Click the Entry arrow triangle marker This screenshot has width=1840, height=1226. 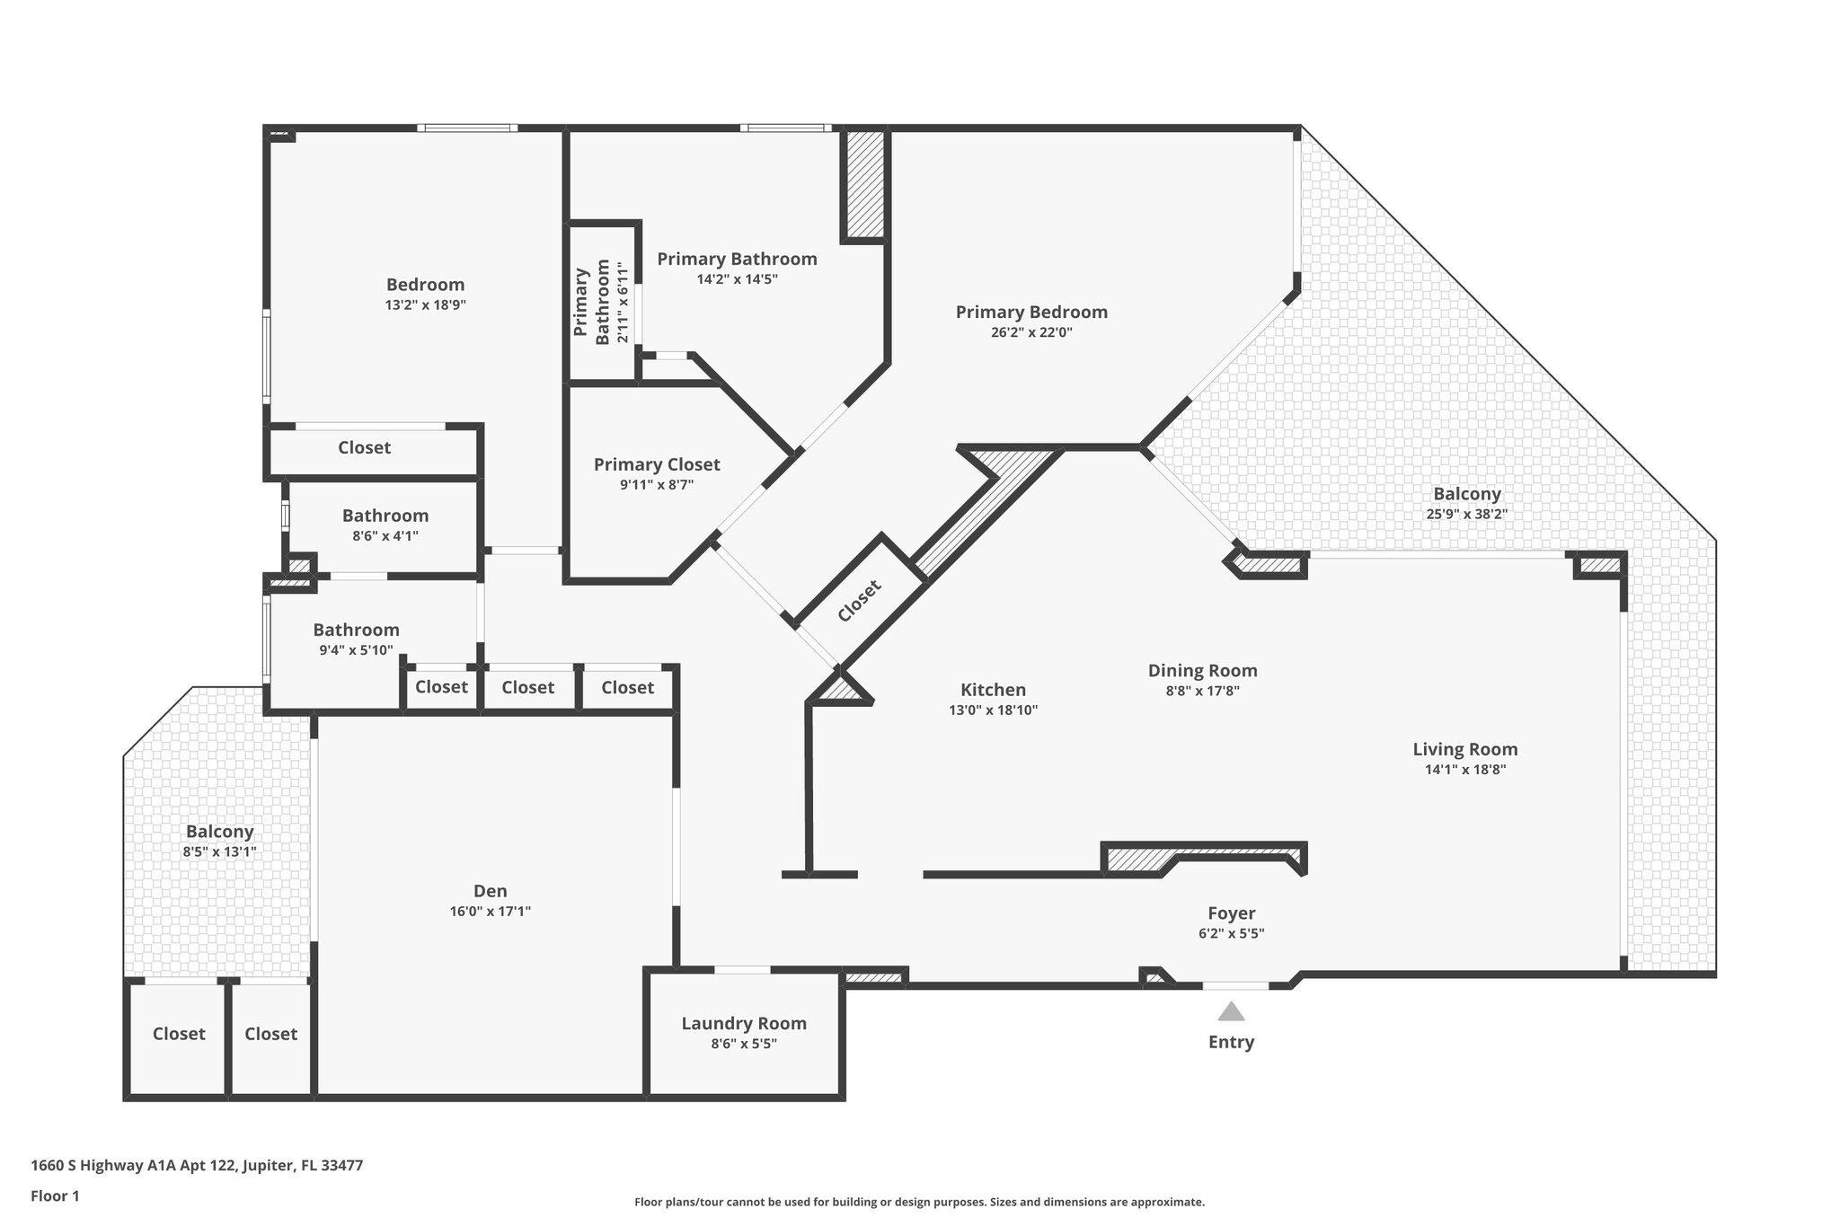point(1231,1012)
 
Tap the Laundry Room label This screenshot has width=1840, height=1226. point(743,1023)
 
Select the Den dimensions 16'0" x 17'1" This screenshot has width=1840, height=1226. point(490,911)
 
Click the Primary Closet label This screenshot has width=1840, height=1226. point(656,464)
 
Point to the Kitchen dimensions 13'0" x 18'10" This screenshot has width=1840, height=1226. point(993,710)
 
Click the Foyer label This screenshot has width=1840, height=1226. point(1231,913)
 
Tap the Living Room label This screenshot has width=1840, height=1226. point(1464,749)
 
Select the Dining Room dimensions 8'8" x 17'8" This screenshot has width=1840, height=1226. point(1202,691)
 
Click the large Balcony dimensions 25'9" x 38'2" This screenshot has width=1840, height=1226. point(1466,514)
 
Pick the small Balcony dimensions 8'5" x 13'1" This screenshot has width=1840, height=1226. point(219,851)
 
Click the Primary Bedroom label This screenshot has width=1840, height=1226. point(1031,312)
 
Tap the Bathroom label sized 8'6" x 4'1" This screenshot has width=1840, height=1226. point(385,516)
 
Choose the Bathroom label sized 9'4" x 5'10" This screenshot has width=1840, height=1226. point(356,630)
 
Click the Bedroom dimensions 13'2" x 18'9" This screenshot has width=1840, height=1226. point(425,304)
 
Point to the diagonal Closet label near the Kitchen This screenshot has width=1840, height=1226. point(859,601)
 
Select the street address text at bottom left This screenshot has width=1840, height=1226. point(197,1165)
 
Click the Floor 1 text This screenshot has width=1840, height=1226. point(55,1195)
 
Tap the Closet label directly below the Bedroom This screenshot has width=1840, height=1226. point(364,447)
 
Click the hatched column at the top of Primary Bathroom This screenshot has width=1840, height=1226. point(865,184)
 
